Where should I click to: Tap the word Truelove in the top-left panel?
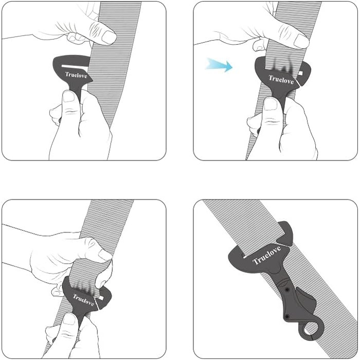coord(76,75)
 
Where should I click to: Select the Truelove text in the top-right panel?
coord(281,80)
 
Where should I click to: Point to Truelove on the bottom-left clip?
coord(83,300)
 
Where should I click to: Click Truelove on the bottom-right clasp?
coord(266,255)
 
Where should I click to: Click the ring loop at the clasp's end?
coord(312,331)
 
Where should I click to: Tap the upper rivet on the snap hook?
coord(287,290)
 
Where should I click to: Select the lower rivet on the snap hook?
coord(286,317)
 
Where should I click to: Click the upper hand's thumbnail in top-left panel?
coord(109,37)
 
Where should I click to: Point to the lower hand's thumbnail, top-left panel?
coord(69,97)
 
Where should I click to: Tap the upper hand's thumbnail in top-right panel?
coord(301,41)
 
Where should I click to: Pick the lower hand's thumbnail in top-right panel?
coord(271,104)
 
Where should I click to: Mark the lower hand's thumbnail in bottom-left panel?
coord(69,319)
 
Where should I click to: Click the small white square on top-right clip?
coord(300,73)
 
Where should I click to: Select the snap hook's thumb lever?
coord(306,298)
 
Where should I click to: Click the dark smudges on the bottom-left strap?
coord(85,286)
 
